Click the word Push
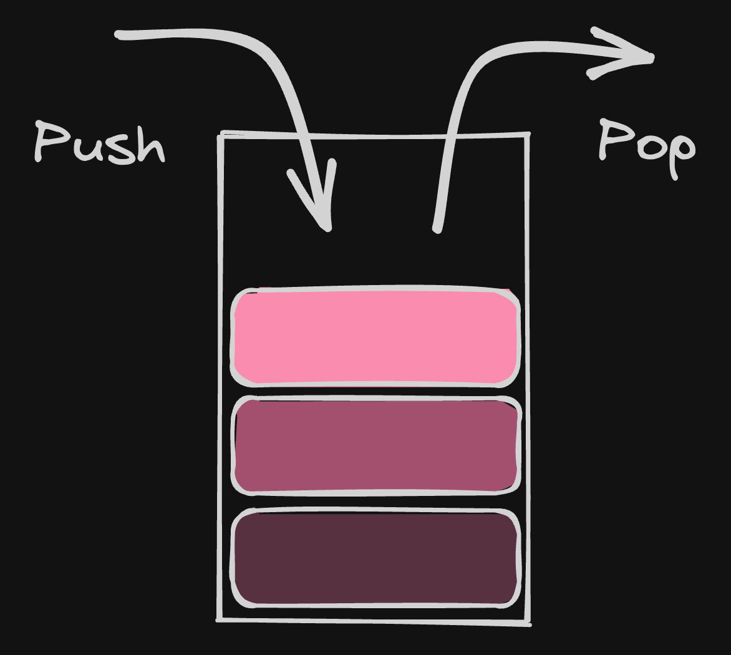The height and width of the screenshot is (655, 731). point(100,143)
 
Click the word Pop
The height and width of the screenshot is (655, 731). point(646,147)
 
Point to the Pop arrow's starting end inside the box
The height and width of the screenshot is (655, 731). point(437,228)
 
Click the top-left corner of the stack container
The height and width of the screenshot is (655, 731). point(220,134)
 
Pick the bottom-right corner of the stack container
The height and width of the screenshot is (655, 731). point(529,623)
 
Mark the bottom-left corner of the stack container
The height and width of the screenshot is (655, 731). point(219,619)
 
